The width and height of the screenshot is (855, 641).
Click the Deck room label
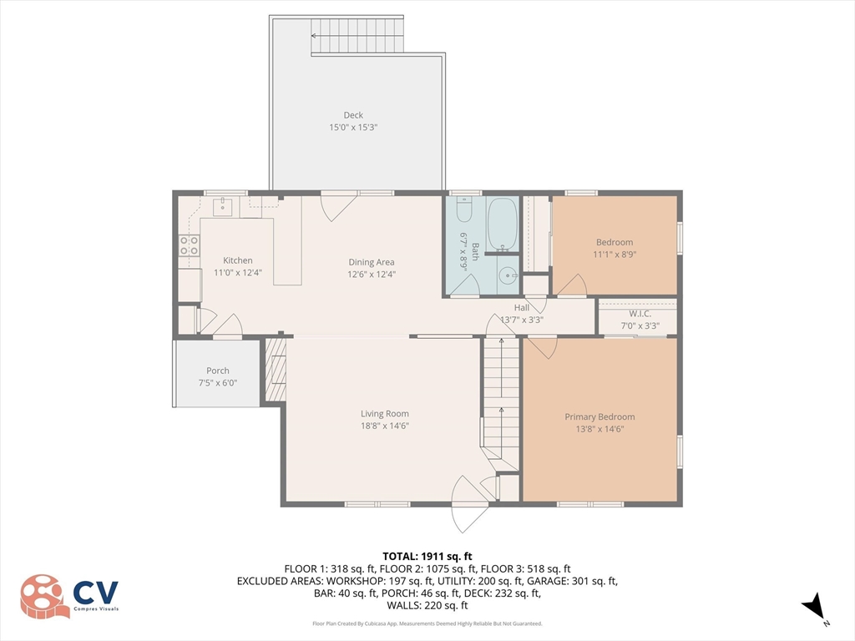pos(354,115)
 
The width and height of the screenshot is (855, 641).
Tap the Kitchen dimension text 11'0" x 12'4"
pos(232,273)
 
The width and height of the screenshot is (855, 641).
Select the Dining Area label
pos(372,262)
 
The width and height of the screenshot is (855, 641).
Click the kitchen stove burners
pos(190,245)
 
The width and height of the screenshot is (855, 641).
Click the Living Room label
pos(385,413)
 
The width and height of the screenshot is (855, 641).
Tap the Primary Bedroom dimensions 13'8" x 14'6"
pos(600,429)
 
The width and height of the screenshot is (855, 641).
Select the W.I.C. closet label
pos(640,313)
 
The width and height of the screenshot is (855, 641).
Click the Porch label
pos(218,371)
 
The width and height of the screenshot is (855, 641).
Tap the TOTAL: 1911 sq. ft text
pos(427,556)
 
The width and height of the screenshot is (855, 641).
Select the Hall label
pos(522,307)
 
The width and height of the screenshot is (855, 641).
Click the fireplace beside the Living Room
pos(275,370)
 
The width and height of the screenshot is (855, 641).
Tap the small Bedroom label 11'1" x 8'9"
pos(614,254)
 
